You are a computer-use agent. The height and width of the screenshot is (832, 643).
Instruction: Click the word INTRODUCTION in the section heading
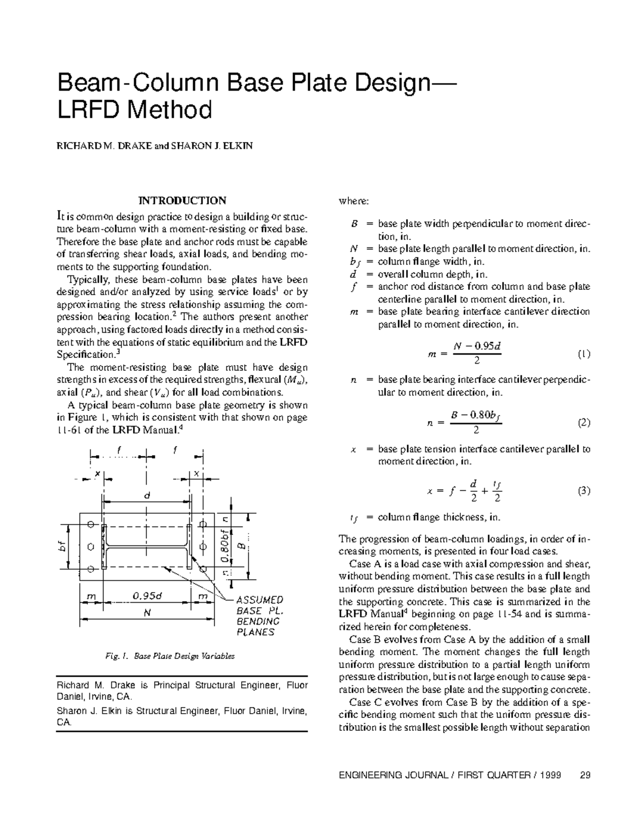click(x=182, y=201)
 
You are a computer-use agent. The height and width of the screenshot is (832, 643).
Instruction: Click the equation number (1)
click(x=584, y=354)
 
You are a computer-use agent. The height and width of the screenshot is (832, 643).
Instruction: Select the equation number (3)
click(x=584, y=491)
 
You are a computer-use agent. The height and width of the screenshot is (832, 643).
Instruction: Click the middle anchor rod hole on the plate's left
click(x=91, y=547)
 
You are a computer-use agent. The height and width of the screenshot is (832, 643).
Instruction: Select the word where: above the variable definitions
click(x=354, y=201)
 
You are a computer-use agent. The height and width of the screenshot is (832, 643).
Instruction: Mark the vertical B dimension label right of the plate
click(x=242, y=547)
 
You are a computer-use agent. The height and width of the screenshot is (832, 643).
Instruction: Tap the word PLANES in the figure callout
click(x=256, y=632)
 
